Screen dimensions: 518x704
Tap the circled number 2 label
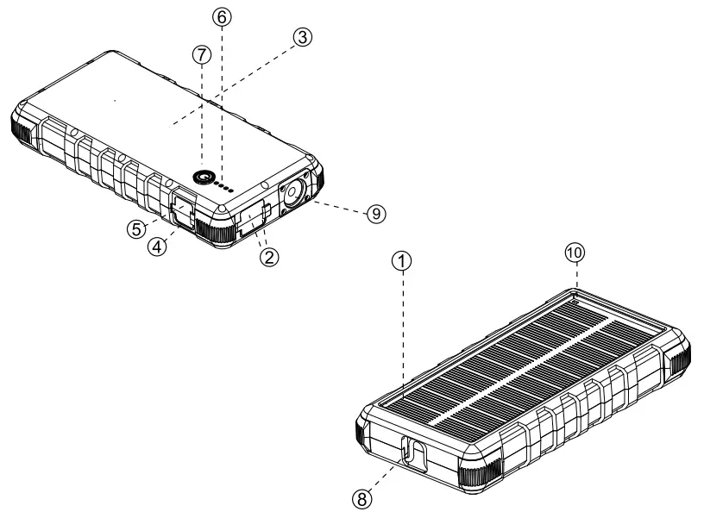269,255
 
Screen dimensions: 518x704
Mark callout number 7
201,53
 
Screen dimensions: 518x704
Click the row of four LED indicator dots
227,184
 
